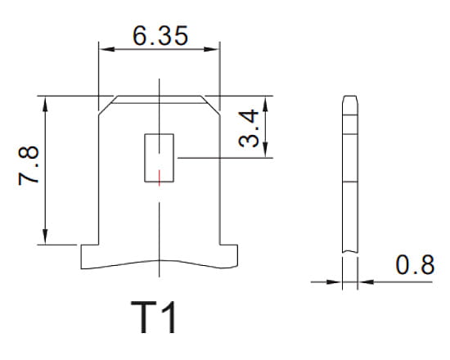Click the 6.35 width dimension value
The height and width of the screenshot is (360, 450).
point(160,35)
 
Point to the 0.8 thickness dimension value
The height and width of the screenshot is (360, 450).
point(414,265)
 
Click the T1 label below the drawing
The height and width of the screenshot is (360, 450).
point(154,318)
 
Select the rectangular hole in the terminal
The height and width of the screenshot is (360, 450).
point(160,157)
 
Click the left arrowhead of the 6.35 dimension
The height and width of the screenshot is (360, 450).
point(103,50)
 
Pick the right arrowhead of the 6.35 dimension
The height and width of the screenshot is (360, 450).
point(215,50)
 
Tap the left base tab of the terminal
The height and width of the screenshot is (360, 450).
point(89,254)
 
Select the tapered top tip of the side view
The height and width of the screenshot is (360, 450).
point(350,101)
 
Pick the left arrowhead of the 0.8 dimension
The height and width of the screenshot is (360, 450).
point(336,282)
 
